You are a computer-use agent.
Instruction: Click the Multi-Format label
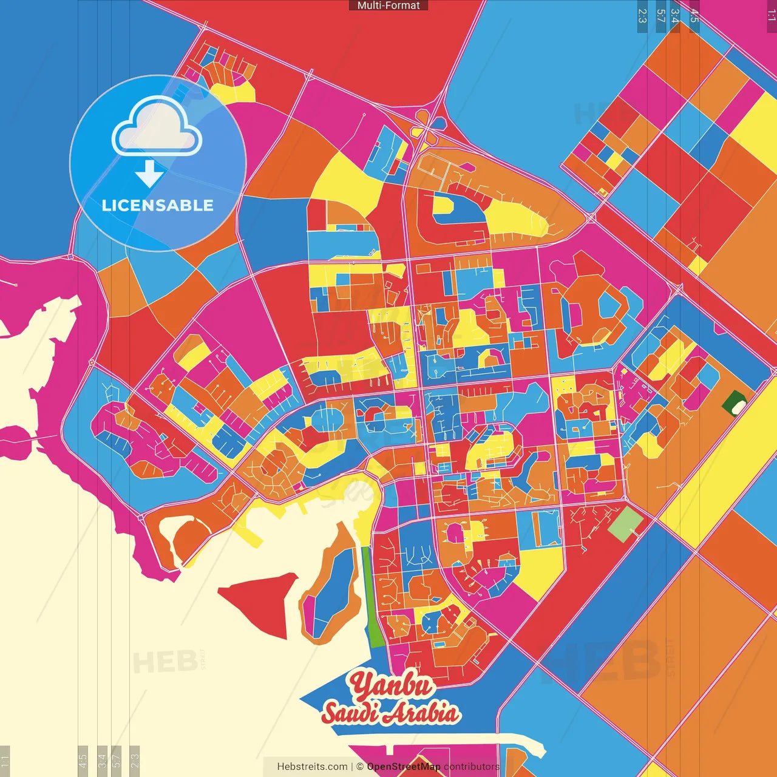point(388,5)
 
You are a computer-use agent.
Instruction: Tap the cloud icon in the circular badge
point(157,127)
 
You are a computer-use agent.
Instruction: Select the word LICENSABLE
point(157,205)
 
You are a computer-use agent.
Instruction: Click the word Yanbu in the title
point(392,685)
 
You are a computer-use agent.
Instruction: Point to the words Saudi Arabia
point(390,713)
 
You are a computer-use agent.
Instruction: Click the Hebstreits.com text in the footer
point(312,767)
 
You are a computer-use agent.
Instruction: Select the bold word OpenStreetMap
point(403,767)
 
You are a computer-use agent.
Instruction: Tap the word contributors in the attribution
point(471,767)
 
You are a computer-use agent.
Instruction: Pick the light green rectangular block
point(625,524)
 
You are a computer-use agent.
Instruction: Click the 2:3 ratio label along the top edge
point(642,16)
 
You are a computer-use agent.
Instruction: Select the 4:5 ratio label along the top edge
point(694,16)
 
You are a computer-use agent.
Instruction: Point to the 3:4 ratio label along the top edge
point(675,16)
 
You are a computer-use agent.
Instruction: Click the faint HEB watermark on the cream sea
point(165,662)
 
